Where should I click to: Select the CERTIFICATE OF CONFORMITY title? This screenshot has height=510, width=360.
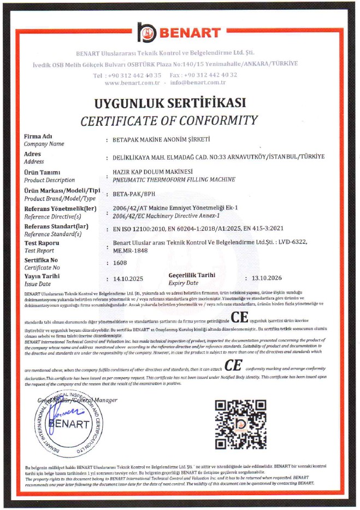[x=169, y=120]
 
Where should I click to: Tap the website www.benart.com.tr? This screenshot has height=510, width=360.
[x=132, y=83]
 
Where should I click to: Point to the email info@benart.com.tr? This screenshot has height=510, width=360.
[x=198, y=83]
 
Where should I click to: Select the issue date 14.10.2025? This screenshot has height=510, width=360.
[x=127, y=279]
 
